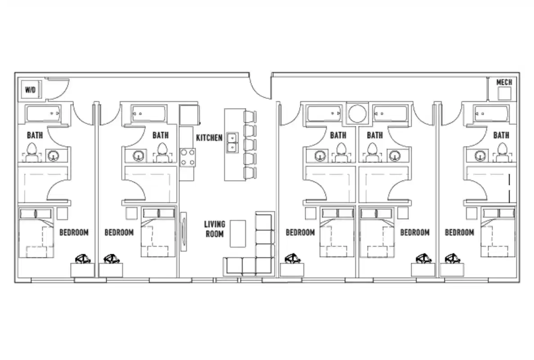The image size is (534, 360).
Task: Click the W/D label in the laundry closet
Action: coord(30,90)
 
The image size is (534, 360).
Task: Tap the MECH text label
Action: coord(503,82)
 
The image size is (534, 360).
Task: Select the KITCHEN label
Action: coord(209,137)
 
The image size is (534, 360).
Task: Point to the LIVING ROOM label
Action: coord(214,229)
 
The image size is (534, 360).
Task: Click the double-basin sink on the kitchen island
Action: coord(232,142)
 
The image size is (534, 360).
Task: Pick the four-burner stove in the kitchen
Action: coord(188,157)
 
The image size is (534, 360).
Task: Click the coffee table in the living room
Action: coord(238,233)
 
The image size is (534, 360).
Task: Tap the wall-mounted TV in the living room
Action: coord(184,232)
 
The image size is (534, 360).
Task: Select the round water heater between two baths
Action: coord(358,113)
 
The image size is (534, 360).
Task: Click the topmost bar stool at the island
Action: coord(250,117)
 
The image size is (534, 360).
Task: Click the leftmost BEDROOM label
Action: coord(74,232)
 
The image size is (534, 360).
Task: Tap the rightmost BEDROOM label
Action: coord(459,232)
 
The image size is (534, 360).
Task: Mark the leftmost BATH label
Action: coord(35,135)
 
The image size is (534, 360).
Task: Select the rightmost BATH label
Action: coord(501,135)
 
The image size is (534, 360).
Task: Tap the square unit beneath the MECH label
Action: coord(503,94)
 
